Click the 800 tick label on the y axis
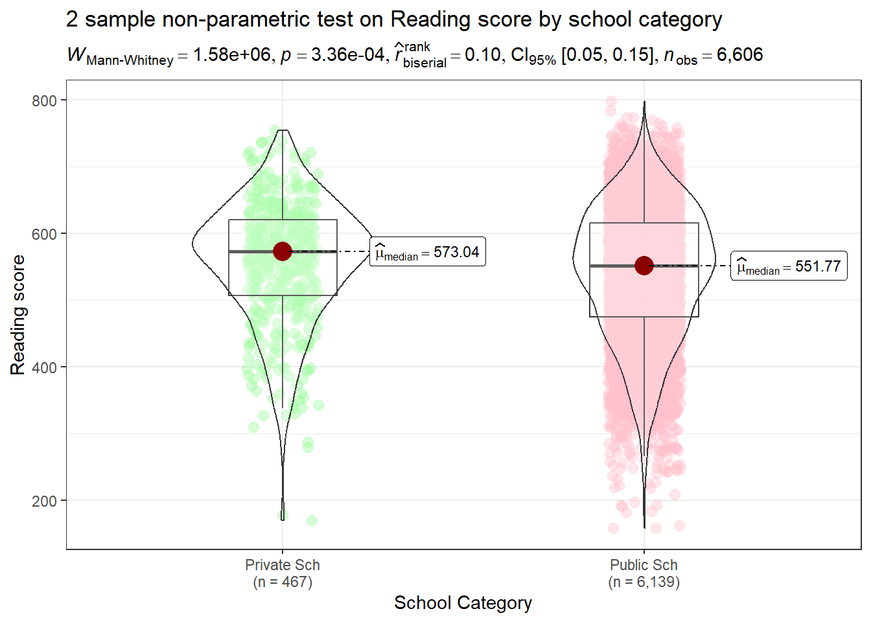44,100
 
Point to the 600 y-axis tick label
44,234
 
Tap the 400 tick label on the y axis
44,367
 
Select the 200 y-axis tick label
44,501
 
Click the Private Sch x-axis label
283,565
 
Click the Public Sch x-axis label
644,565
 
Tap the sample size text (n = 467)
283,582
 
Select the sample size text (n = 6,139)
644,582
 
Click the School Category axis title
463,603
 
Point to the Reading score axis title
17,315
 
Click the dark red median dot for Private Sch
283,251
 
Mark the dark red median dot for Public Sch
644,266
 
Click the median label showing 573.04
428,253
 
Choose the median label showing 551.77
789,266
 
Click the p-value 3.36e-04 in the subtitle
348,55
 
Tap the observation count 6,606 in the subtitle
739,55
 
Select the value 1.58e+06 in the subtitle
231,55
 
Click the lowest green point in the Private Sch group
312,521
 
